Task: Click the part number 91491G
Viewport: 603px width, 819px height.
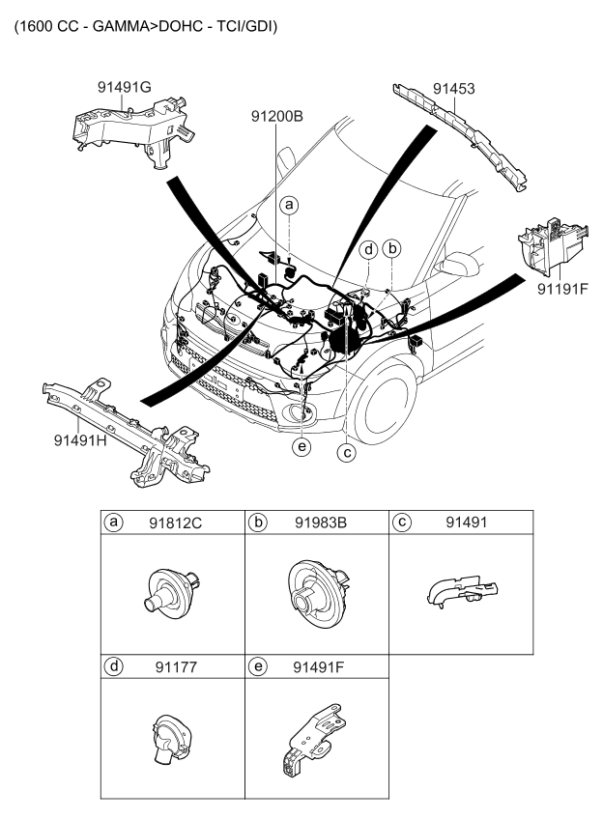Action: (x=125, y=88)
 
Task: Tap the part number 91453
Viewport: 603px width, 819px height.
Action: (x=453, y=90)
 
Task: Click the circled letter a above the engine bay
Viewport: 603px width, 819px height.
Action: (x=289, y=205)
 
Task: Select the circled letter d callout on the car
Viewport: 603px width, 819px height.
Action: (x=369, y=250)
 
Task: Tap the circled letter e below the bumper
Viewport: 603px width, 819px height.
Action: (x=304, y=447)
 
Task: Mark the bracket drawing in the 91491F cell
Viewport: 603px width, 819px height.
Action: (x=312, y=740)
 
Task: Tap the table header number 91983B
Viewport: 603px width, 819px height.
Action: (x=322, y=523)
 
